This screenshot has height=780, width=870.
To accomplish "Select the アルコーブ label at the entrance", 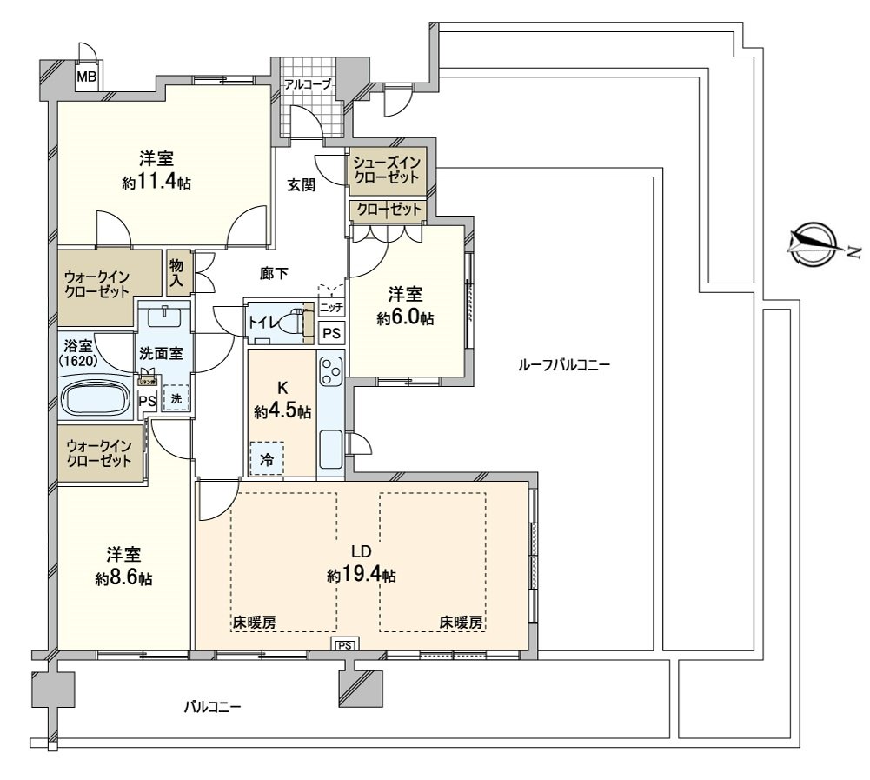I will (x=308, y=84).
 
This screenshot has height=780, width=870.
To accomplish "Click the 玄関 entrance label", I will (x=302, y=184).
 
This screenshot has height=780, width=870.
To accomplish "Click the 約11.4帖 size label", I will (x=157, y=183).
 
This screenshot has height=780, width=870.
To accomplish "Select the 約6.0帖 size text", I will (x=405, y=319).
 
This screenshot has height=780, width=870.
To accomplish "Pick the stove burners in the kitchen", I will (x=330, y=372).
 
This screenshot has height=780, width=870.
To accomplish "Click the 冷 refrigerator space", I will (x=267, y=459).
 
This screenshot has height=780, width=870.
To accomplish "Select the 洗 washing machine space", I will (x=176, y=397).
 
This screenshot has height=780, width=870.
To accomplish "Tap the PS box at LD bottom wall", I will (x=345, y=645).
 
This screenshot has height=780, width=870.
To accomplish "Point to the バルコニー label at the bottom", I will (x=212, y=707).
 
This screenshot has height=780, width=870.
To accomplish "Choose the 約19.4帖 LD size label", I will (x=362, y=576).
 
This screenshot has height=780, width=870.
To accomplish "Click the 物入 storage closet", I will (x=176, y=271).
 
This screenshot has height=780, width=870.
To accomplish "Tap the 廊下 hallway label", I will (x=275, y=273).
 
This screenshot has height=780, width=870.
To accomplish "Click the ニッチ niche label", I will (x=331, y=308).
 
